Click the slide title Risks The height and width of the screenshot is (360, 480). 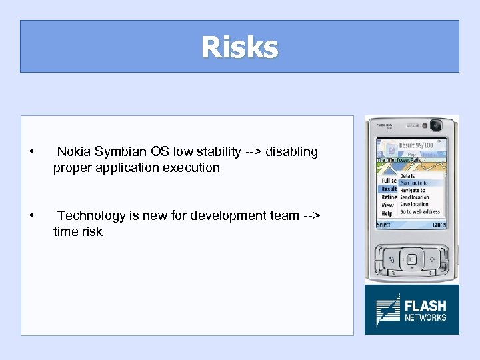[239, 47]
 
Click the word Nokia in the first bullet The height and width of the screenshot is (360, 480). [74, 152]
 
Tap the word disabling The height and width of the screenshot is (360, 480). [292, 152]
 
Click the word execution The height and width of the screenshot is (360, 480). [193, 168]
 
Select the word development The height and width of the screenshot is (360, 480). [225, 215]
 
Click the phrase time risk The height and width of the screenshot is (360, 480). [78, 231]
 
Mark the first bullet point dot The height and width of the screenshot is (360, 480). [32, 152]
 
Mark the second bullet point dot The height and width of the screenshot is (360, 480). [32, 215]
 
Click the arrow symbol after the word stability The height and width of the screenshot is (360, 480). [253, 152]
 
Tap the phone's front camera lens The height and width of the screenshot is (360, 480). [436, 125]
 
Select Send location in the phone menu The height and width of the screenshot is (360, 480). [415, 197]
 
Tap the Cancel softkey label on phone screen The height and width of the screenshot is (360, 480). [439, 225]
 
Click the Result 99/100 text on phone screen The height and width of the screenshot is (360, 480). [416, 145]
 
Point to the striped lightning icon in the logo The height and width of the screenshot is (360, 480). [387, 310]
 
